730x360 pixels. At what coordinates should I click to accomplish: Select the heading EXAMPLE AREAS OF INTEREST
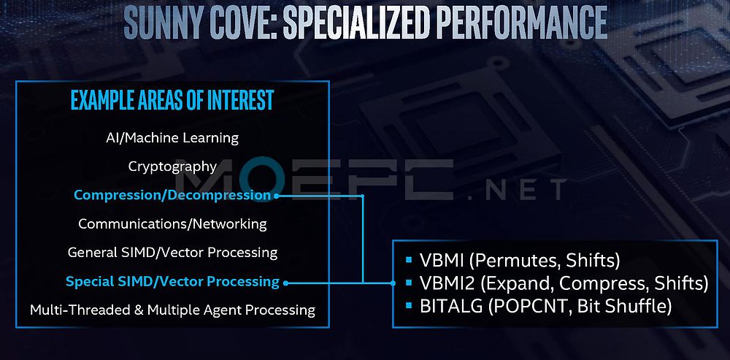(172, 99)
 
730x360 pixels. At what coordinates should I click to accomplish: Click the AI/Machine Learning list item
(172, 138)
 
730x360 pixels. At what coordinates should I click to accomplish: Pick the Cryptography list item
(172, 166)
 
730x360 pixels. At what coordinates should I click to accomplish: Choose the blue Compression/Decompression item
(172, 195)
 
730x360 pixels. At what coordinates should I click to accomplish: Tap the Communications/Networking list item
(172, 224)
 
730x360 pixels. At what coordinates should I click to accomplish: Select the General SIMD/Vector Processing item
(172, 253)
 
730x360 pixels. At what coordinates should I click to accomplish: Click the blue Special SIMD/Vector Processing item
(172, 281)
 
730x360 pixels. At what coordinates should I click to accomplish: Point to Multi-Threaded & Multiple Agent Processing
(172, 310)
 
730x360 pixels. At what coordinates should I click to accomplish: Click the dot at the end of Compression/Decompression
(276, 196)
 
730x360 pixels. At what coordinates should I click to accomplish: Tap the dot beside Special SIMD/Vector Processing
(285, 283)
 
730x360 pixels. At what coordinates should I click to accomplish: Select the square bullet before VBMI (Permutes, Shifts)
(409, 260)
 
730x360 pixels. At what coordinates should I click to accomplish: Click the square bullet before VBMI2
(409, 283)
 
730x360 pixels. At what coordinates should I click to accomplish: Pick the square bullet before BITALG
(409, 305)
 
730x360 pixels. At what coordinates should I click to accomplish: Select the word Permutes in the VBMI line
(512, 261)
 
